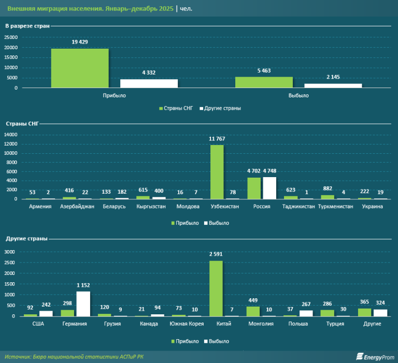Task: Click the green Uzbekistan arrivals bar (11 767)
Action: click(x=217, y=172)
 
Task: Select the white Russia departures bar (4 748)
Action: click(x=270, y=188)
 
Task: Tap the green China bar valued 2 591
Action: click(x=216, y=288)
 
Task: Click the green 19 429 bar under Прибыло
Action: click(x=79, y=68)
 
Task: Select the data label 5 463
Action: click(x=263, y=70)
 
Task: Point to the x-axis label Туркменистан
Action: click(x=336, y=207)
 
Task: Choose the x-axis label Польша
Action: click(x=298, y=324)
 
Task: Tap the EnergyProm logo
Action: click(x=373, y=356)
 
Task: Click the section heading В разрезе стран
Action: click(x=27, y=26)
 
